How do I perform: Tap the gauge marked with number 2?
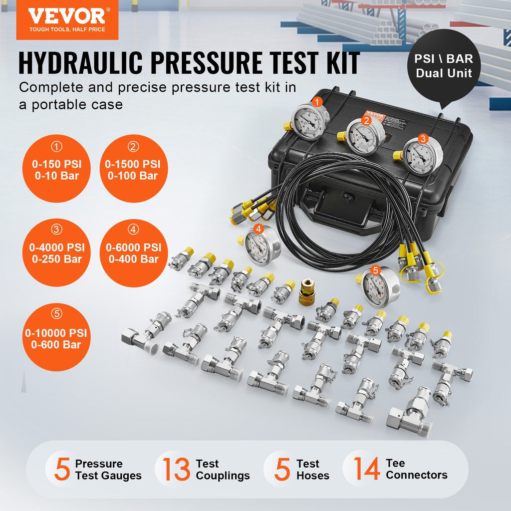coord(365,136)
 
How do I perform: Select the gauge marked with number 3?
coord(422,157)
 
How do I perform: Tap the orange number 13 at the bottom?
coord(176,469)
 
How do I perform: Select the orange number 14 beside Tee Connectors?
coord(366,469)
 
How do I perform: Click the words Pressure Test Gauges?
coord(108,470)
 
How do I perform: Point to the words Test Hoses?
coord(312,470)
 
